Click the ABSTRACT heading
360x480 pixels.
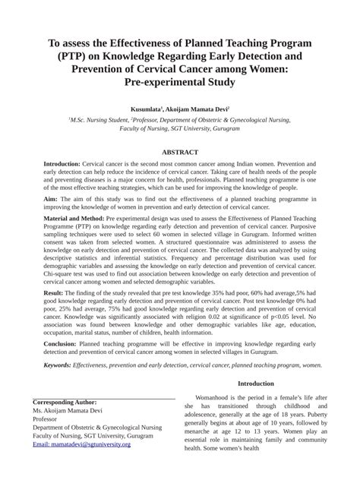pyautogui.click(x=180, y=152)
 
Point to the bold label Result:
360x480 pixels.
pyautogui.click(x=54, y=292)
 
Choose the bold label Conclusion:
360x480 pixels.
pyautogui.click(x=63, y=343)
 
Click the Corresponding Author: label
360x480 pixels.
pyautogui.click(x=65, y=401)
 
